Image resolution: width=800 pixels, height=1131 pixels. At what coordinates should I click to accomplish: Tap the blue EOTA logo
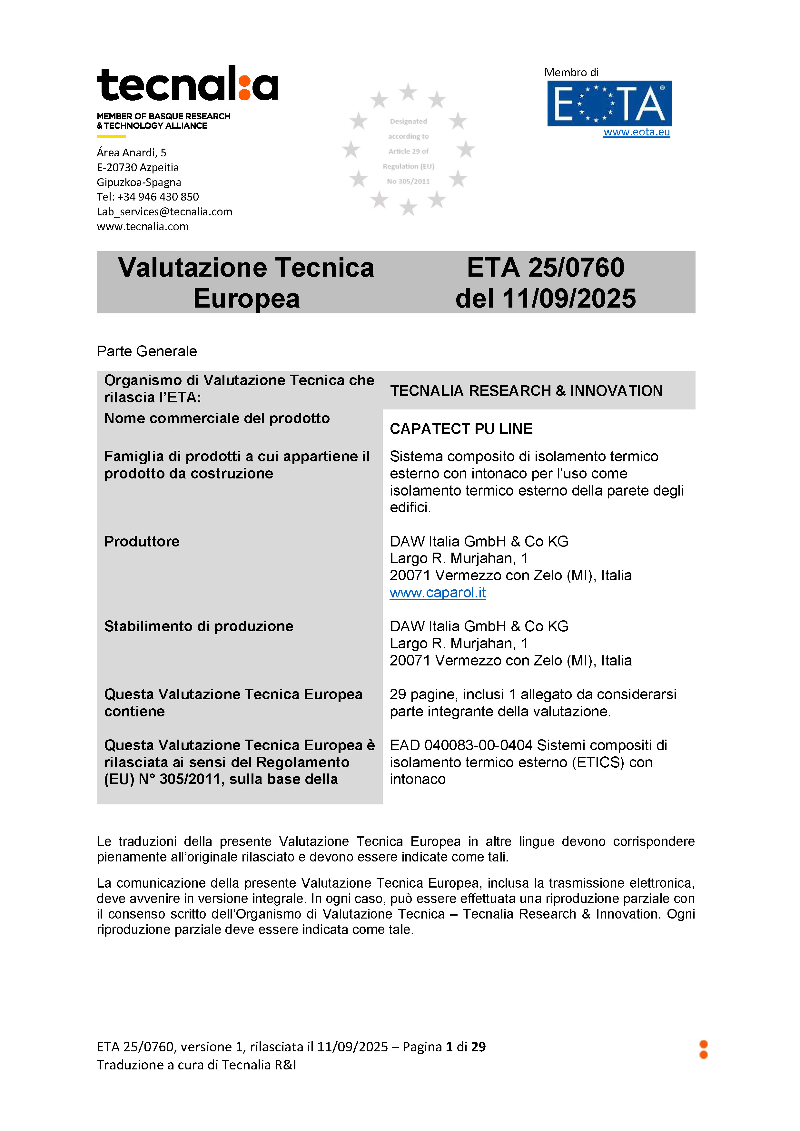tap(609, 103)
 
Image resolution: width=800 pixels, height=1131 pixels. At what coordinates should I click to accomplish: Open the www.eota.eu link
tap(637, 132)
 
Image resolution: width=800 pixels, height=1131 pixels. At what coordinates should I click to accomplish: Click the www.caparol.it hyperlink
tap(438, 593)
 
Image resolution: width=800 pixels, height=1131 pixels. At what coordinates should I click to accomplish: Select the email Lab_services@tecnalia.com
tap(164, 212)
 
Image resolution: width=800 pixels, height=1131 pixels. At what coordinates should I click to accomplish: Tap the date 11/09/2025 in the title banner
tap(569, 299)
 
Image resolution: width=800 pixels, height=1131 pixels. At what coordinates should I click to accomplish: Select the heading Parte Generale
tap(147, 351)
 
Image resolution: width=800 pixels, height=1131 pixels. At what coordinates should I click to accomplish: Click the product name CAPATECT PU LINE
tap(461, 429)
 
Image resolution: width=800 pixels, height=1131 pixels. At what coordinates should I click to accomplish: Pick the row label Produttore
tap(142, 541)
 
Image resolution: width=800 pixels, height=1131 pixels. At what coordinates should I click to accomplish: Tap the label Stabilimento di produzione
tap(199, 626)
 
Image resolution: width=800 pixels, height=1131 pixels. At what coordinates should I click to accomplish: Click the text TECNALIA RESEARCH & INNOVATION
tap(526, 391)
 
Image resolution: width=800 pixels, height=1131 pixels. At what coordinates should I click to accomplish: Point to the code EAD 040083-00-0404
tap(461, 745)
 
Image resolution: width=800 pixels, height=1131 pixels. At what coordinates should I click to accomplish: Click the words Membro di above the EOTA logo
tap(571, 73)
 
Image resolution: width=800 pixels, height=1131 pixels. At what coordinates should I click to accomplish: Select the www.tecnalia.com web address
tap(143, 227)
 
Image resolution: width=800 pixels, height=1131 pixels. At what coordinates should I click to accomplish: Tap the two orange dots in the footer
tap(704, 1049)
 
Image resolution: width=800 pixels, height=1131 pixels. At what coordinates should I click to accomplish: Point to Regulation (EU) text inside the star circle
tap(408, 166)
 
